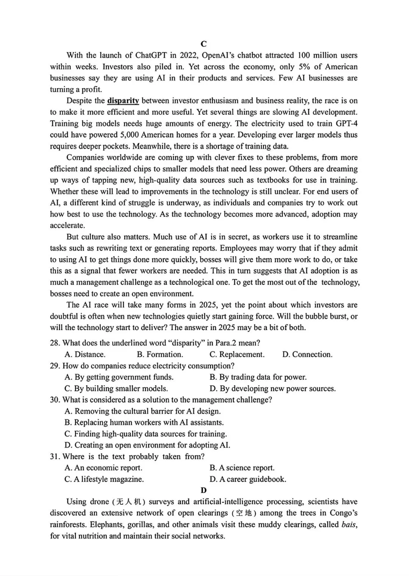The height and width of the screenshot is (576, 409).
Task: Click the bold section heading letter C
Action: [x=204, y=44]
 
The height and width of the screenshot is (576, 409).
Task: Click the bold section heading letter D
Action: [x=204, y=490]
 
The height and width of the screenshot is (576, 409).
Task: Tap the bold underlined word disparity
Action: [x=123, y=101]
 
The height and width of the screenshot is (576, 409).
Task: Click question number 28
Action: [x=55, y=343]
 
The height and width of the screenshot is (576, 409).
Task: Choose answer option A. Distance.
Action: [x=85, y=355]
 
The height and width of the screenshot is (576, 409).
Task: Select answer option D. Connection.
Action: [x=307, y=355]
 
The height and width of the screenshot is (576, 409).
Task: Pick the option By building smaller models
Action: [x=116, y=388]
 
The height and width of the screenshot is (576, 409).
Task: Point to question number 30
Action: [x=55, y=400]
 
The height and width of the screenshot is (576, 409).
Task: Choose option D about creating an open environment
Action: [x=147, y=445]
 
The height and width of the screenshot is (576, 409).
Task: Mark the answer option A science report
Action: [x=242, y=468]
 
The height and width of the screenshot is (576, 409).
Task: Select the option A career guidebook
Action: [x=248, y=479]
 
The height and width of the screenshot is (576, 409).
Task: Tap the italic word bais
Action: [x=349, y=525]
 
